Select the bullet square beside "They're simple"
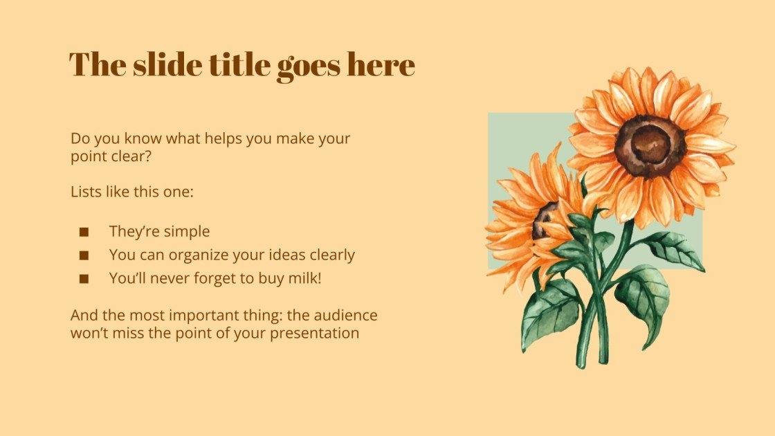pos(84,232)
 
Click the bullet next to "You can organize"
pos(84,255)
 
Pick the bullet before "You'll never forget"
pos(84,279)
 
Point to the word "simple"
pos(185,232)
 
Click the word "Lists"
pos(86,191)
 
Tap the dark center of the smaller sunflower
pos(544,221)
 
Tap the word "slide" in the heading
pos(165,64)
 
